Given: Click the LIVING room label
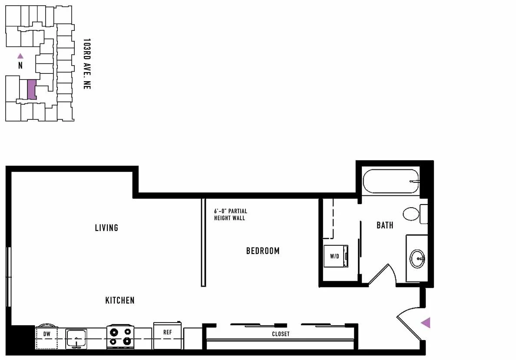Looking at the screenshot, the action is (106, 228).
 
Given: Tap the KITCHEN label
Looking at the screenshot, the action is (120, 300).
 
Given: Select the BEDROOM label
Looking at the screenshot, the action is (263, 251).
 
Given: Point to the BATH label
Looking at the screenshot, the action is (385, 225).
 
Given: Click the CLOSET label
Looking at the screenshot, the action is (281, 334).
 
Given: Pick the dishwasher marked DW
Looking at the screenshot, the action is (47, 337).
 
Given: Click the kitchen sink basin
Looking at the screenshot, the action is (76, 339).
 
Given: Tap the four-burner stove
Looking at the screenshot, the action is (120, 337).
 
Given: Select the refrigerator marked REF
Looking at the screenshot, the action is (167, 335).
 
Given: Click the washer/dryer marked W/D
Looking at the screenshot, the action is (336, 256).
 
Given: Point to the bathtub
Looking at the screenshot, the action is (391, 182).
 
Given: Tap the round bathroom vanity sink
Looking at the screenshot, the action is (417, 259).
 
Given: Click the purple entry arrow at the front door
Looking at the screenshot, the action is (426, 323).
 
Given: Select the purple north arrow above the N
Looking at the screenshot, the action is (20, 56).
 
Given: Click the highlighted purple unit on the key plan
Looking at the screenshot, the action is (32, 89).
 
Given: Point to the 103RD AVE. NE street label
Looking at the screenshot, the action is (86, 64).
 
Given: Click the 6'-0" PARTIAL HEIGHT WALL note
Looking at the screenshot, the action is (230, 214).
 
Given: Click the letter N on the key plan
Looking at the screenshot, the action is (20, 66).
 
